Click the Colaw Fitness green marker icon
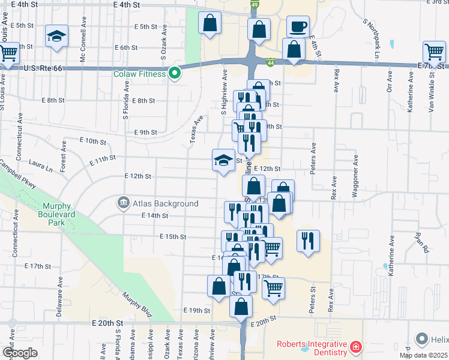point(175,74)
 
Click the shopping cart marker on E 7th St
point(434,52)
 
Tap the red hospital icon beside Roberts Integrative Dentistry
point(355,347)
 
